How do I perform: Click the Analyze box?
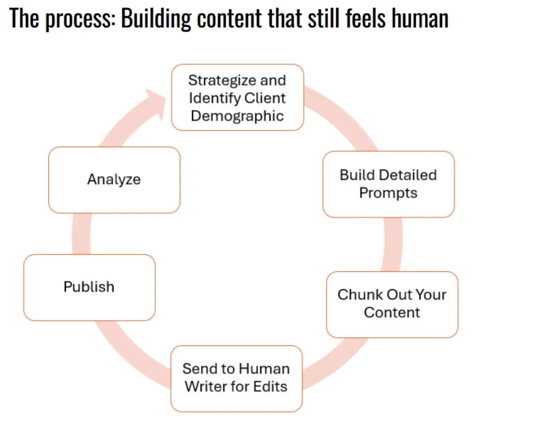[114, 180]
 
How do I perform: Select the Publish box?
[89, 287]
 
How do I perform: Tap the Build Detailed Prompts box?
[388, 184]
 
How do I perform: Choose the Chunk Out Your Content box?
[392, 304]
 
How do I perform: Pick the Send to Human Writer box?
[236, 378]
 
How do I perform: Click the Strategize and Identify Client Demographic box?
[237, 98]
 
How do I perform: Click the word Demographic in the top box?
[237, 116]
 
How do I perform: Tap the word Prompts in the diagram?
[388, 193]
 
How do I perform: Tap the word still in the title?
[318, 19]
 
